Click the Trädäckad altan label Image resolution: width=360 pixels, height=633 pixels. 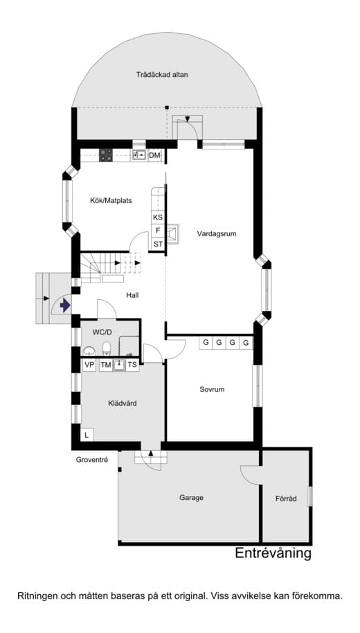[162, 75]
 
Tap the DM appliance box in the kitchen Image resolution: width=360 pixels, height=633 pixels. [154, 155]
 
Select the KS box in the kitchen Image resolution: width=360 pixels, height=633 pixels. [158, 217]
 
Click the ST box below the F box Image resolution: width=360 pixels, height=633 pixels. [158, 244]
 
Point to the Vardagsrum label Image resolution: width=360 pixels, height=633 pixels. [216, 234]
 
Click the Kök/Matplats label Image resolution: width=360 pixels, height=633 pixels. [111, 201]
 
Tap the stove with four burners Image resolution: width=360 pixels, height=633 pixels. [106, 155]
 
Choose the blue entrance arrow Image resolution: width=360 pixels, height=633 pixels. [64, 305]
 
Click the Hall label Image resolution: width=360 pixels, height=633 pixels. [133, 295]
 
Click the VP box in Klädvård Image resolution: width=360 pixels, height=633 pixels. [89, 365]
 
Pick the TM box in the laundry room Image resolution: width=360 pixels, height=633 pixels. [106, 365]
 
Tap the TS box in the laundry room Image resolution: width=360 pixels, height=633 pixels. [132, 365]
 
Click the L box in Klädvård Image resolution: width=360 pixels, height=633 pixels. [87, 435]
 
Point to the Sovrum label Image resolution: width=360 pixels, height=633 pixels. [212, 389]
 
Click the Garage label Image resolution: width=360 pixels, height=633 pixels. [191, 497]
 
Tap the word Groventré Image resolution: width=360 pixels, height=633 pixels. [91, 460]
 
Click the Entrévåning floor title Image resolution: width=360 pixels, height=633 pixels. [273, 553]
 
